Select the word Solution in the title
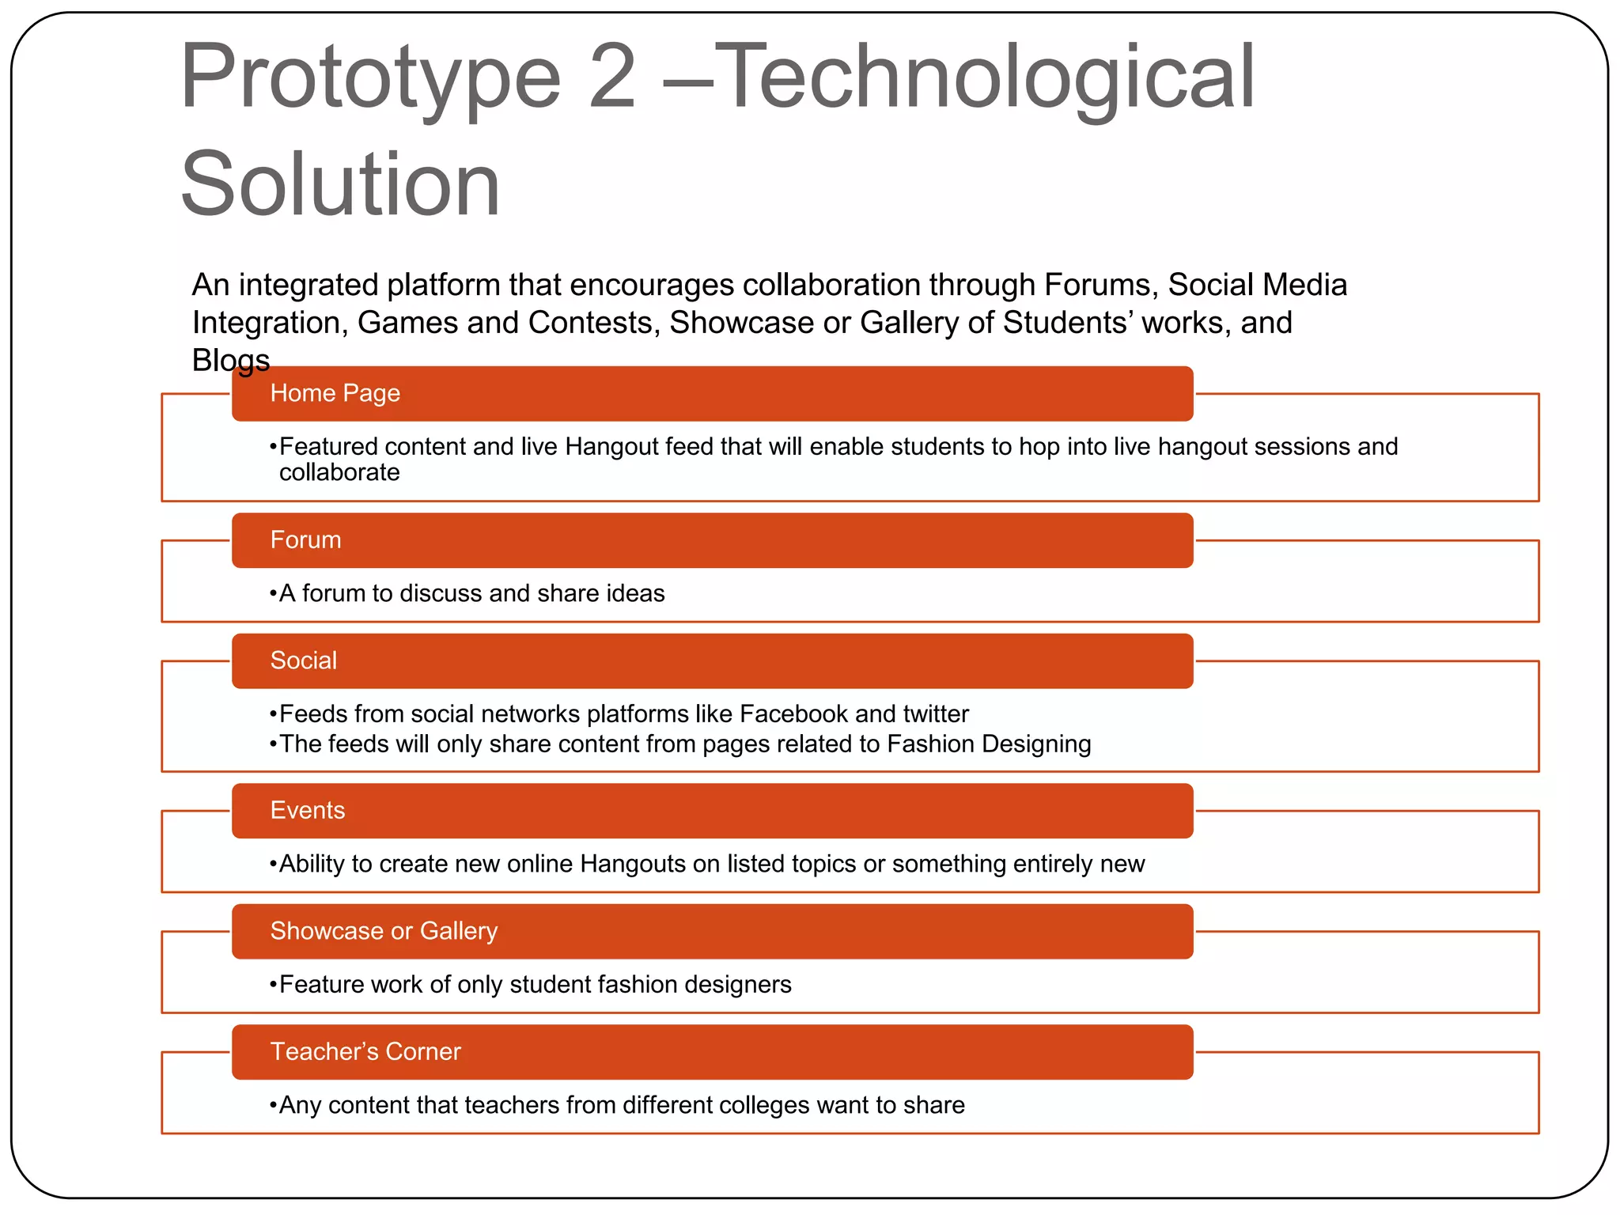click(x=340, y=185)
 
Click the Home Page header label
click(x=335, y=393)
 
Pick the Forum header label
click(x=305, y=540)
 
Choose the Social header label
click(x=303, y=660)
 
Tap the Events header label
click(x=307, y=811)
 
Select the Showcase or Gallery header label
click(x=384, y=931)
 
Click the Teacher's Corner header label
click(x=365, y=1052)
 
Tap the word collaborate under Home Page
click(x=339, y=473)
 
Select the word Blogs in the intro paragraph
click(x=230, y=361)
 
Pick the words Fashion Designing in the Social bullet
click(x=988, y=744)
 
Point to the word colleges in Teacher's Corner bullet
click(x=763, y=1105)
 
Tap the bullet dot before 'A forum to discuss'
click(x=273, y=594)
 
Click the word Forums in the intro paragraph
click(x=1100, y=286)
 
